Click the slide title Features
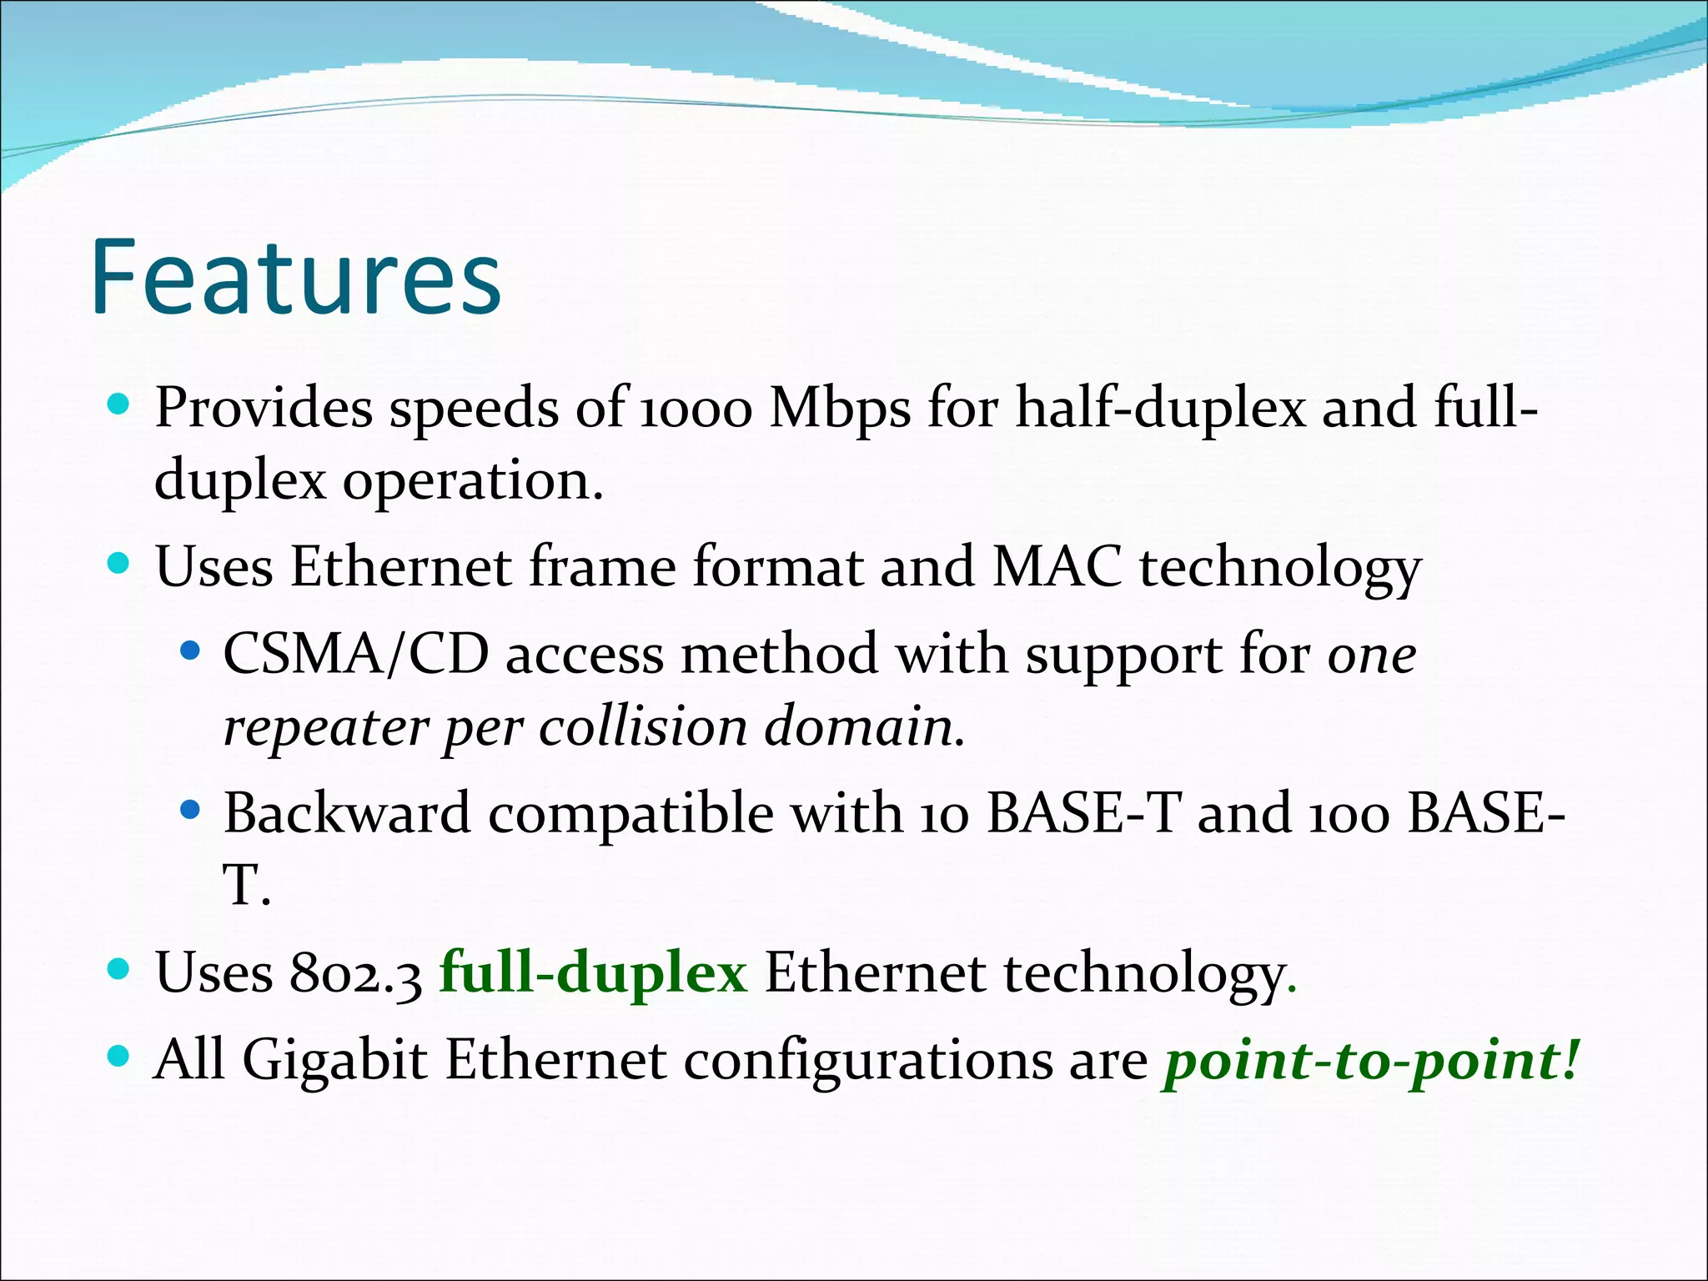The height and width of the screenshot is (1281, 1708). point(296,278)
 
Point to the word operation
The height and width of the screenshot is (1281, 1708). point(472,482)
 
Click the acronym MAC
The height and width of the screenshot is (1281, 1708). point(1057,568)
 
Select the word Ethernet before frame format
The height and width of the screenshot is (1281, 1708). point(400,568)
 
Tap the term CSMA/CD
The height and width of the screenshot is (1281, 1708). point(356,655)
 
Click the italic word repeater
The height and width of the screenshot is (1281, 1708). point(324,727)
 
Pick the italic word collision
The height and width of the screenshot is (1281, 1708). point(643,727)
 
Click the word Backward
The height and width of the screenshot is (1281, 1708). point(347,813)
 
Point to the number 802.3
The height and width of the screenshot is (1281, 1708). point(356,974)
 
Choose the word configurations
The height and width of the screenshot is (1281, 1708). point(869,1061)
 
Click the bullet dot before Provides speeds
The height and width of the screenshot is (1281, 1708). point(119,405)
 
